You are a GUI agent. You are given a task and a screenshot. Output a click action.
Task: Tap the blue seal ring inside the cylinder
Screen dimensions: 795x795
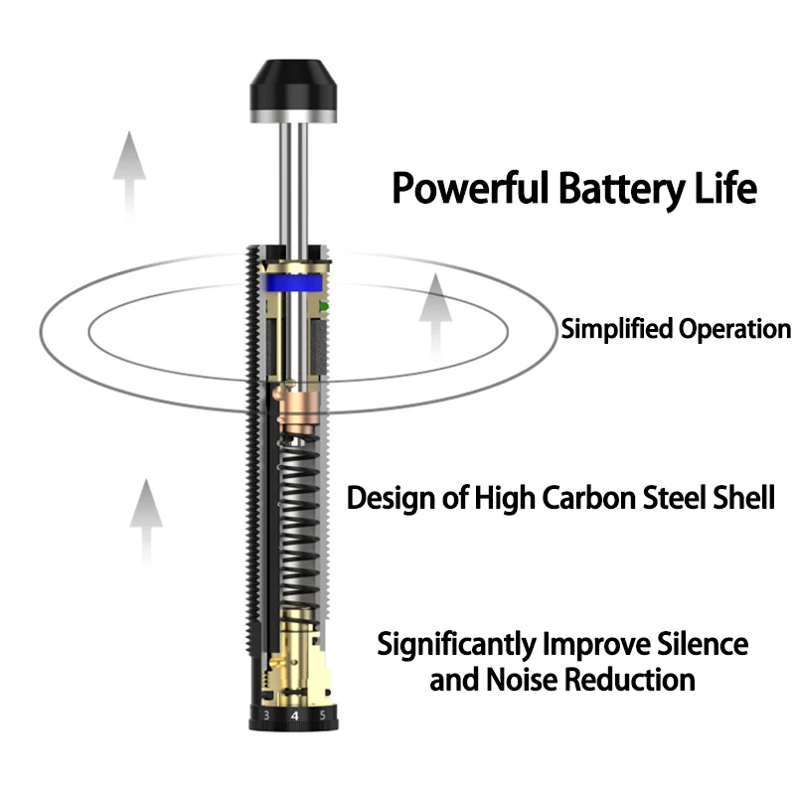pyautogui.click(x=293, y=283)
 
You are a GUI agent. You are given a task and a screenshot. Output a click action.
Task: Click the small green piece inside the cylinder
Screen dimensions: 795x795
pyautogui.click(x=324, y=307)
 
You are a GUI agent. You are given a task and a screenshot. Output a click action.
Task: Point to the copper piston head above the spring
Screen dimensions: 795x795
pyautogui.click(x=297, y=409)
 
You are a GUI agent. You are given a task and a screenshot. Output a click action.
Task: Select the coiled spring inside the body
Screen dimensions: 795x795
pyautogui.click(x=299, y=528)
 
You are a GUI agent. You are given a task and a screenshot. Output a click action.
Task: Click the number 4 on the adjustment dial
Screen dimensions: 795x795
pyautogui.click(x=295, y=715)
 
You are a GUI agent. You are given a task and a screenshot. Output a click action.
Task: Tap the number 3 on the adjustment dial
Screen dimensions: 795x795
pyautogui.click(x=266, y=715)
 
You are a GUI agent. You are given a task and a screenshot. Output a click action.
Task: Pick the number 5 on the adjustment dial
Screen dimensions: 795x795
pyautogui.click(x=322, y=715)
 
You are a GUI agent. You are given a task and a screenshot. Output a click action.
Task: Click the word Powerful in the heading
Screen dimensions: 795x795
pyautogui.click(x=470, y=188)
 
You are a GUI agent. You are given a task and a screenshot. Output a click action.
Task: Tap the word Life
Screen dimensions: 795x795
pyautogui.click(x=726, y=187)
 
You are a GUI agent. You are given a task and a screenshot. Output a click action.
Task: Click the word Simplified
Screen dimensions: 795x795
pyautogui.click(x=616, y=329)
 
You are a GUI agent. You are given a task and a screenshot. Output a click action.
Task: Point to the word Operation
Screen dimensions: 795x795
pyautogui.click(x=734, y=330)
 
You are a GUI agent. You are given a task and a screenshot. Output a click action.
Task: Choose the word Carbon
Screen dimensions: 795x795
pyautogui.click(x=589, y=498)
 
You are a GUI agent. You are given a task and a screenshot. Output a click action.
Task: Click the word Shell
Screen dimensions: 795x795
pyautogui.click(x=743, y=497)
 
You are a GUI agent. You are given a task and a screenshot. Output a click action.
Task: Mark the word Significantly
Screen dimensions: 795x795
pyautogui.click(x=457, y=645)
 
